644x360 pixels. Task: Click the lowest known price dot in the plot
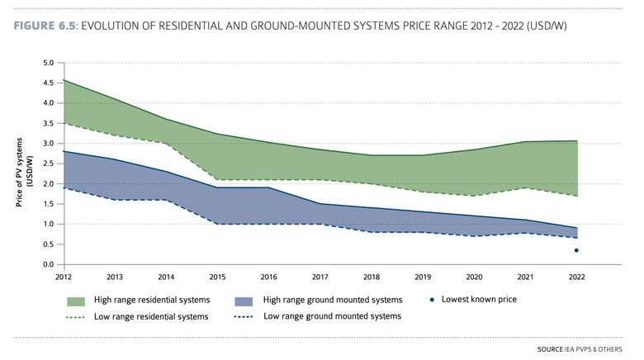(576, 250)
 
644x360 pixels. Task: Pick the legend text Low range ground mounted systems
(332, 316)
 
